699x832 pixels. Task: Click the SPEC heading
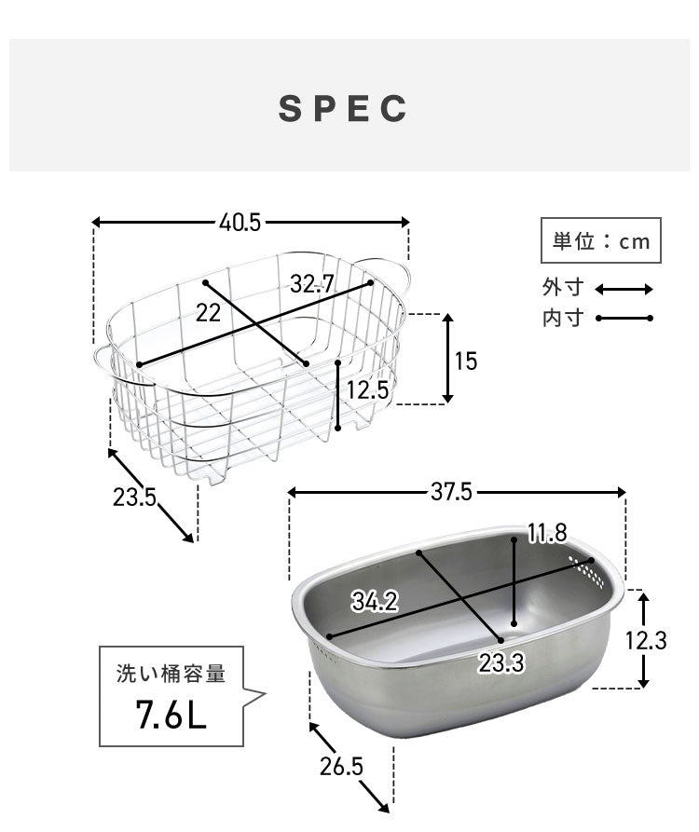tap(344, 108)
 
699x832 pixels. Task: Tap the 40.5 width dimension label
tap(240, 223)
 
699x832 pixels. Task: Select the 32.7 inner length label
tap(311, 285)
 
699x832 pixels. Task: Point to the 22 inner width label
tap(208, 313)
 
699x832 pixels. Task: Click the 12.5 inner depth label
tap(366, 390)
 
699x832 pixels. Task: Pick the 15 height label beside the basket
tap(465, 361)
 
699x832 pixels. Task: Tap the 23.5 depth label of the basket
tap(134, 497)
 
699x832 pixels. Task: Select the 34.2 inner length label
tap(375, 602)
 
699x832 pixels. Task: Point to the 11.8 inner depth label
tap(547, 533)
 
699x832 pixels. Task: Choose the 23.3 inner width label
tap(500, 663)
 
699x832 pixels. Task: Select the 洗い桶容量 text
tap(171, 674)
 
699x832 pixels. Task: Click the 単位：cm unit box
tap(601, 241)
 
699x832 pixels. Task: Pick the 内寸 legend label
tap(562, 319)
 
